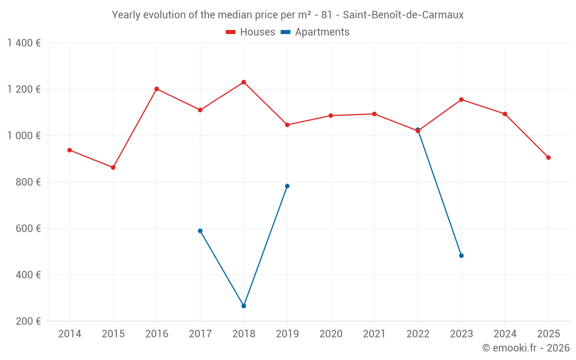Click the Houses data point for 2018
244,82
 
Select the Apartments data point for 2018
244,306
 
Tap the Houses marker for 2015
113,168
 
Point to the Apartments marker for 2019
287,186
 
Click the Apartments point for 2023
461,256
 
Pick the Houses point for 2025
548,157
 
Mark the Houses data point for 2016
157,89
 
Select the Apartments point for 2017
200,231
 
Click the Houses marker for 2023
461,100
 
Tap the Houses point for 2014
70,150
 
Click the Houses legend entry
251,32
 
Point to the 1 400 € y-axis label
24,43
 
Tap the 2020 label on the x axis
331,334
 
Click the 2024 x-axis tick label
505,334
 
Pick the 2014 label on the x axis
70,334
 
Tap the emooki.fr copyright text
526,348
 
